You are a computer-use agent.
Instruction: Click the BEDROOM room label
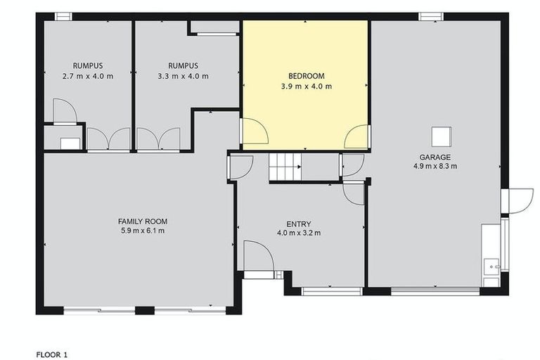[305, 76]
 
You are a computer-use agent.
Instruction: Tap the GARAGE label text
[435, 157]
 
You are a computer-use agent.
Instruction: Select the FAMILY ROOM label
[142, 221]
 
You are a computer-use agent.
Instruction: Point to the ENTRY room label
[298, 223]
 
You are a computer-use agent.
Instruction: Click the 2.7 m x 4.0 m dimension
[88, 76]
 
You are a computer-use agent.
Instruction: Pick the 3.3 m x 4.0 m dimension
[183, 76]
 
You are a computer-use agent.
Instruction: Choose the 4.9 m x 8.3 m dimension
[435, 167]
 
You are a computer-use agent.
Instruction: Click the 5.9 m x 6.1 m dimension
[142, 231]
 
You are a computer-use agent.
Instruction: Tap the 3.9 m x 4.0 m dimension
[305, 86]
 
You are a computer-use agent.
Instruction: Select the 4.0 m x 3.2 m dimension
[298, 233]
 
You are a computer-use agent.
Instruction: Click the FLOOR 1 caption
[52, 355]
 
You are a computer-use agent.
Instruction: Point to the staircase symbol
[285, 167]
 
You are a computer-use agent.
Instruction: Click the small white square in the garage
[441, 135]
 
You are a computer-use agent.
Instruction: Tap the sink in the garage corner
[491, 266]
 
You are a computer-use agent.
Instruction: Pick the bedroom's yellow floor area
[305, 112]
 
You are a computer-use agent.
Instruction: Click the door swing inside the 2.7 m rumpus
[64, 111]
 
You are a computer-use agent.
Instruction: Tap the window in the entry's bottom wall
[321, 290]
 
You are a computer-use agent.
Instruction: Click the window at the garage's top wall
[429, 16]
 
